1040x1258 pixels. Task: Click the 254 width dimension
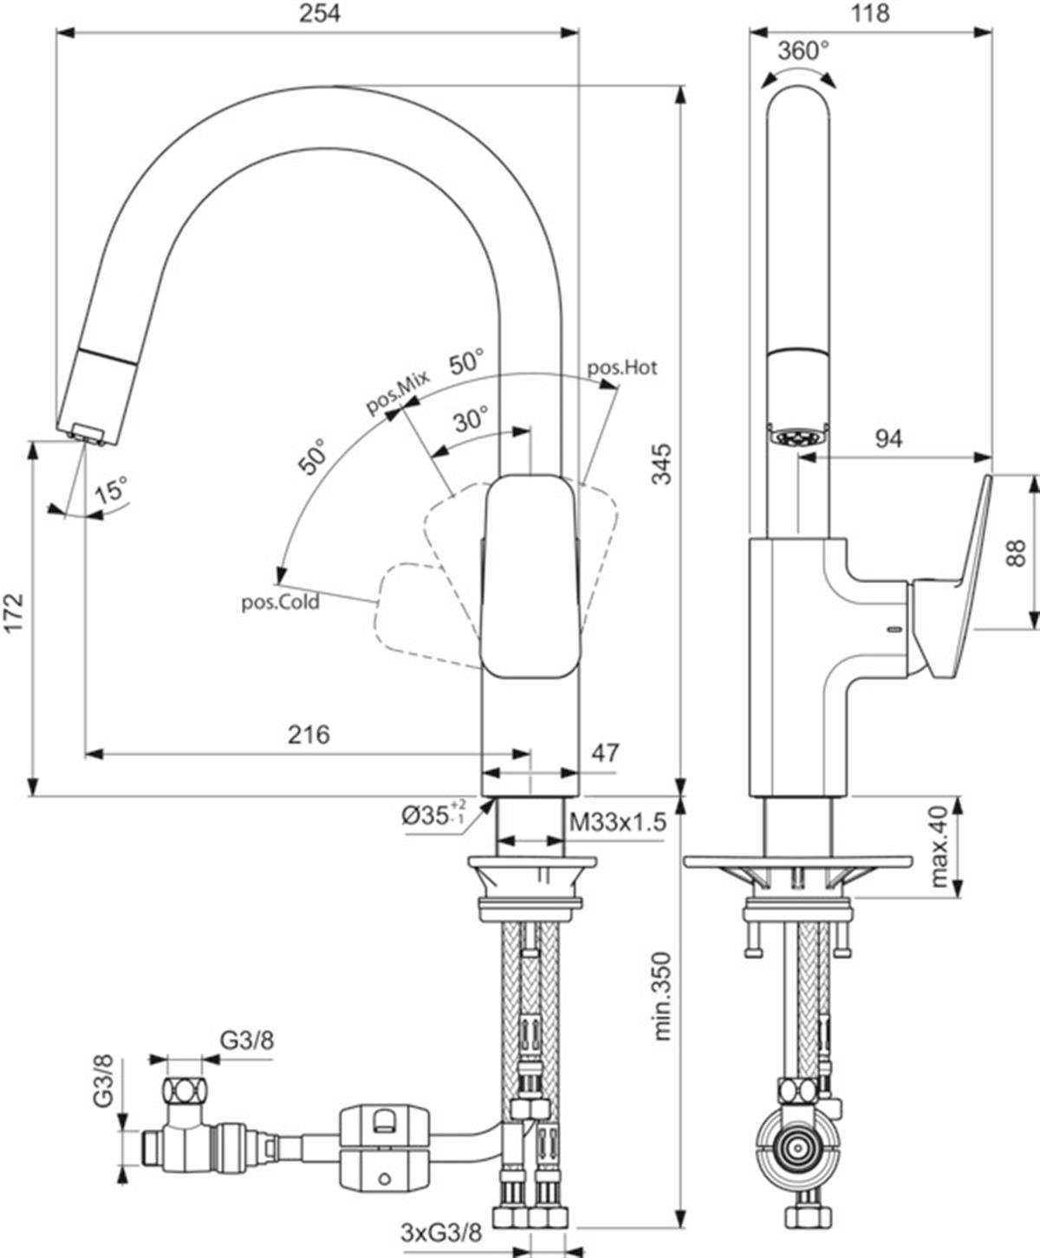tap(320, 13)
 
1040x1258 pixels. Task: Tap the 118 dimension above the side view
tap(871, 13)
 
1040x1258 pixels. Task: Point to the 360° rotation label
tap(803, 51)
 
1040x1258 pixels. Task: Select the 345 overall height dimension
tap(662, 464)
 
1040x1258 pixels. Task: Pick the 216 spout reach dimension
tap(309, 735)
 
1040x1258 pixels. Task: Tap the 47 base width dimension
tap(605, 753)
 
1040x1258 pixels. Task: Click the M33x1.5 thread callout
tap(618, 821)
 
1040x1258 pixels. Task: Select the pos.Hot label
tap(622, 367)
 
